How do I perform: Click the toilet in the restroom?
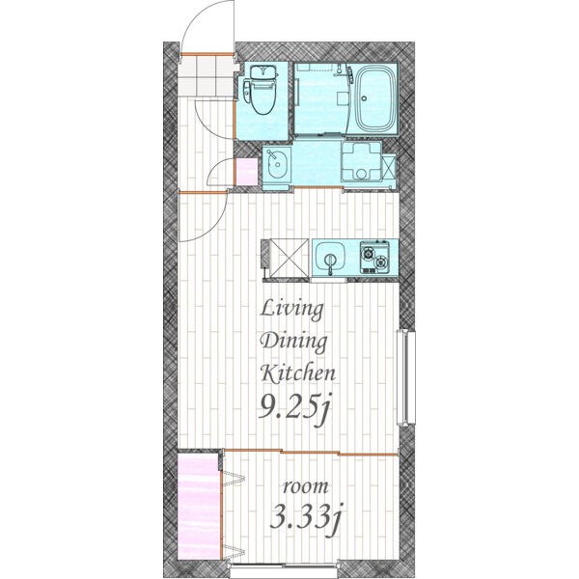pyautogui.click(x=260, y=91)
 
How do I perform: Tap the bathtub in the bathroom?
pyautogui.click(x=375, y=99)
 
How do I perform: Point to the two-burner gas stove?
pyautogui.click(x=374, y=257)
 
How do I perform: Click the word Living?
pyautogui.click(x=292, y=309)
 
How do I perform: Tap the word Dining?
pyautogui.click(x=294, y=342)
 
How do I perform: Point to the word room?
pyautogui.click(x=305, y=487)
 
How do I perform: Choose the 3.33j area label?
pyautogui.click(x=305, y=515)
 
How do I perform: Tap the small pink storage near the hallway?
pyautogui.click(x=247, y=172)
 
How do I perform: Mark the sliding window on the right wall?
pyautogui.click(x=405, y=377)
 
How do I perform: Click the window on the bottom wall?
pyautogui.click(x=285, y=574)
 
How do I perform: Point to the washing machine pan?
pyautogui.click(x=362, y=161)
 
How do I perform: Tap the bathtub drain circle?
pyautogui.click(x=365, y=98)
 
